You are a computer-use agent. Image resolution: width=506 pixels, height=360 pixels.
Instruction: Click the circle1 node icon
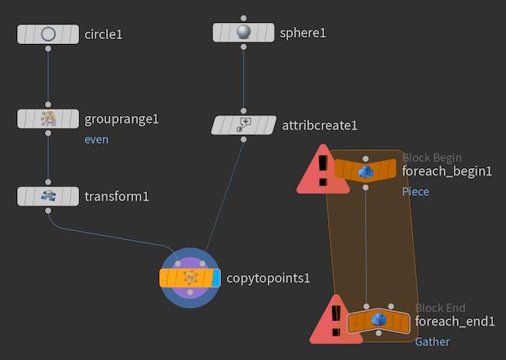[48, 34]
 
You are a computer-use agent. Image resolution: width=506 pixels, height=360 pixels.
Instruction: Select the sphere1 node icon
[243, 32]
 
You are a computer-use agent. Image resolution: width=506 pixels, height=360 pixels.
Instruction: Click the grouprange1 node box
[48, 118]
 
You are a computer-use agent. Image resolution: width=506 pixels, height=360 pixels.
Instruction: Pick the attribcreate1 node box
[243, 125]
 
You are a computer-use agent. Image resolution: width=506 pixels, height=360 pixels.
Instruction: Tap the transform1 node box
[48, 196]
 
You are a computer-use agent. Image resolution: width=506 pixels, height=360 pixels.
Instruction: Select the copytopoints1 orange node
[189, 278]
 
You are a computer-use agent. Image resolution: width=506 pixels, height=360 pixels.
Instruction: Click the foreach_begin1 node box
[366, 171]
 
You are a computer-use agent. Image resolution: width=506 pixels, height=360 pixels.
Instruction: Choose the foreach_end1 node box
[378, 321]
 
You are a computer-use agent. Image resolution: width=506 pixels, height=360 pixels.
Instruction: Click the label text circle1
[109, 34]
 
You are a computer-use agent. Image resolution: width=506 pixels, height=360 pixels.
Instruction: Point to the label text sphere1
[303, 33]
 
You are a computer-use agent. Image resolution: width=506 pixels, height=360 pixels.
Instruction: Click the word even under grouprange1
[96, 140]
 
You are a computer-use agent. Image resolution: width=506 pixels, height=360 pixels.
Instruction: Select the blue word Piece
[415, 191]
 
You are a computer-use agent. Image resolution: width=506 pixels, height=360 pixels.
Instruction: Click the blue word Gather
[432, 341]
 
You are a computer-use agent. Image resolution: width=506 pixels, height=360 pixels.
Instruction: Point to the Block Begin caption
[432, 158]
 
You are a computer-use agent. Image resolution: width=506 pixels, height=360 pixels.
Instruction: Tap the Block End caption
[440, 308]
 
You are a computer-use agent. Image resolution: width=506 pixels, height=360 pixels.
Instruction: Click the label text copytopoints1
[267, 278]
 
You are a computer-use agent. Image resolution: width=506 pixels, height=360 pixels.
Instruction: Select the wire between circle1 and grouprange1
[48, 77]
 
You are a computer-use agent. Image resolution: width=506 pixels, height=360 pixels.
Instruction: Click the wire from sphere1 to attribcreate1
[243, 78]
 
